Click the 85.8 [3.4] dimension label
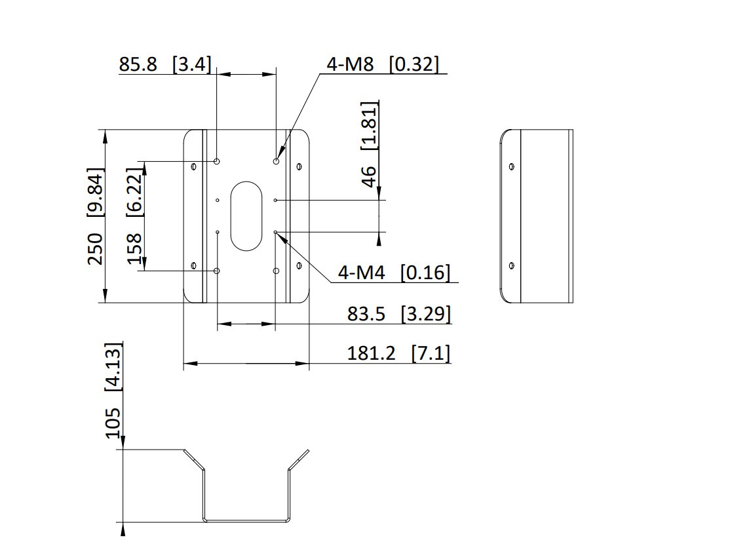click(165, 64)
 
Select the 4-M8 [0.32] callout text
click(383, 64)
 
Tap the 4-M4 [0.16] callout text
click(394, 273)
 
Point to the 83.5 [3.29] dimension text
click(399, 314)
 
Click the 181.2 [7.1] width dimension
click(399, 353)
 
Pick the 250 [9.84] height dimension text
click(95, 216)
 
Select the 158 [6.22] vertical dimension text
click(135, 216)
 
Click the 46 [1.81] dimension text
click(369, 144)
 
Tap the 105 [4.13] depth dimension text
click(113, 391)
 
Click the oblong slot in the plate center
click(246, 216)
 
